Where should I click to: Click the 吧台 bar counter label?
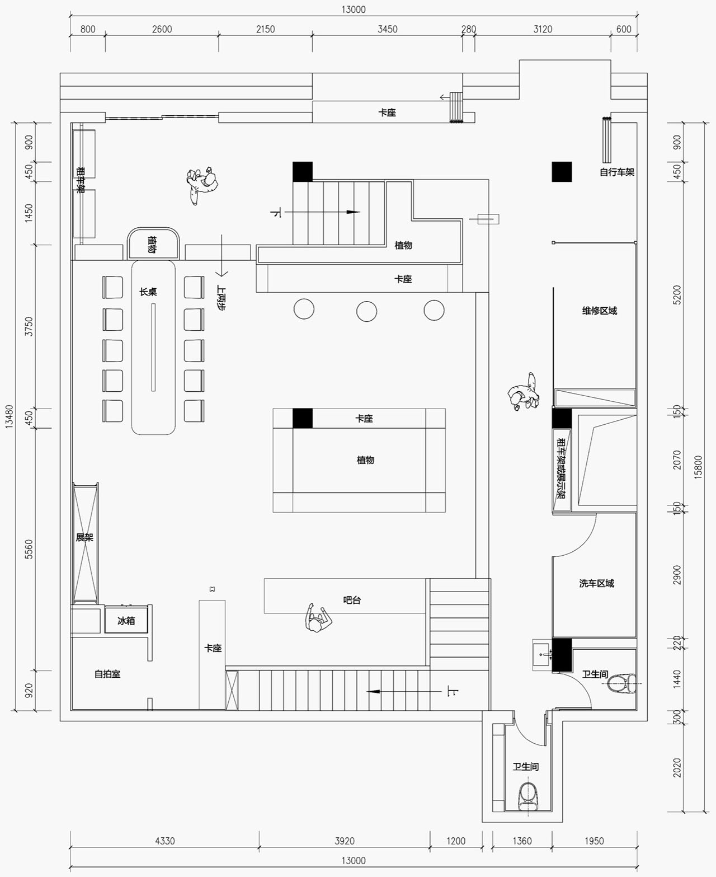coord(352,600)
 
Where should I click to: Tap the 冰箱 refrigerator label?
coord(126,621)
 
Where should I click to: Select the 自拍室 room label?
coord(107,674)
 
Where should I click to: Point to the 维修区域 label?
coord(599,311)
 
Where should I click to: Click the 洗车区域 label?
coord(596,583)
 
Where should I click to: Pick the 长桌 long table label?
coord(148,292)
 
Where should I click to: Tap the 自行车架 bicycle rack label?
coord(616,172)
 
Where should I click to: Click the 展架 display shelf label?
coord(84,537)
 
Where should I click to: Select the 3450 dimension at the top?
coord(387,29)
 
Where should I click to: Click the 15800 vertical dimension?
coord(698,467)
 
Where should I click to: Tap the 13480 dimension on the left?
coord(9,416)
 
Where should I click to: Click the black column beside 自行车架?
coord(562,172)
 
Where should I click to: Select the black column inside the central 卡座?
coord(303,418)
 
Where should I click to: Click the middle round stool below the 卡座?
coord(366,312)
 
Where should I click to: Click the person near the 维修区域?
coord(523,392)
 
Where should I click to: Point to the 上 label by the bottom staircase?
coord(453,692)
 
